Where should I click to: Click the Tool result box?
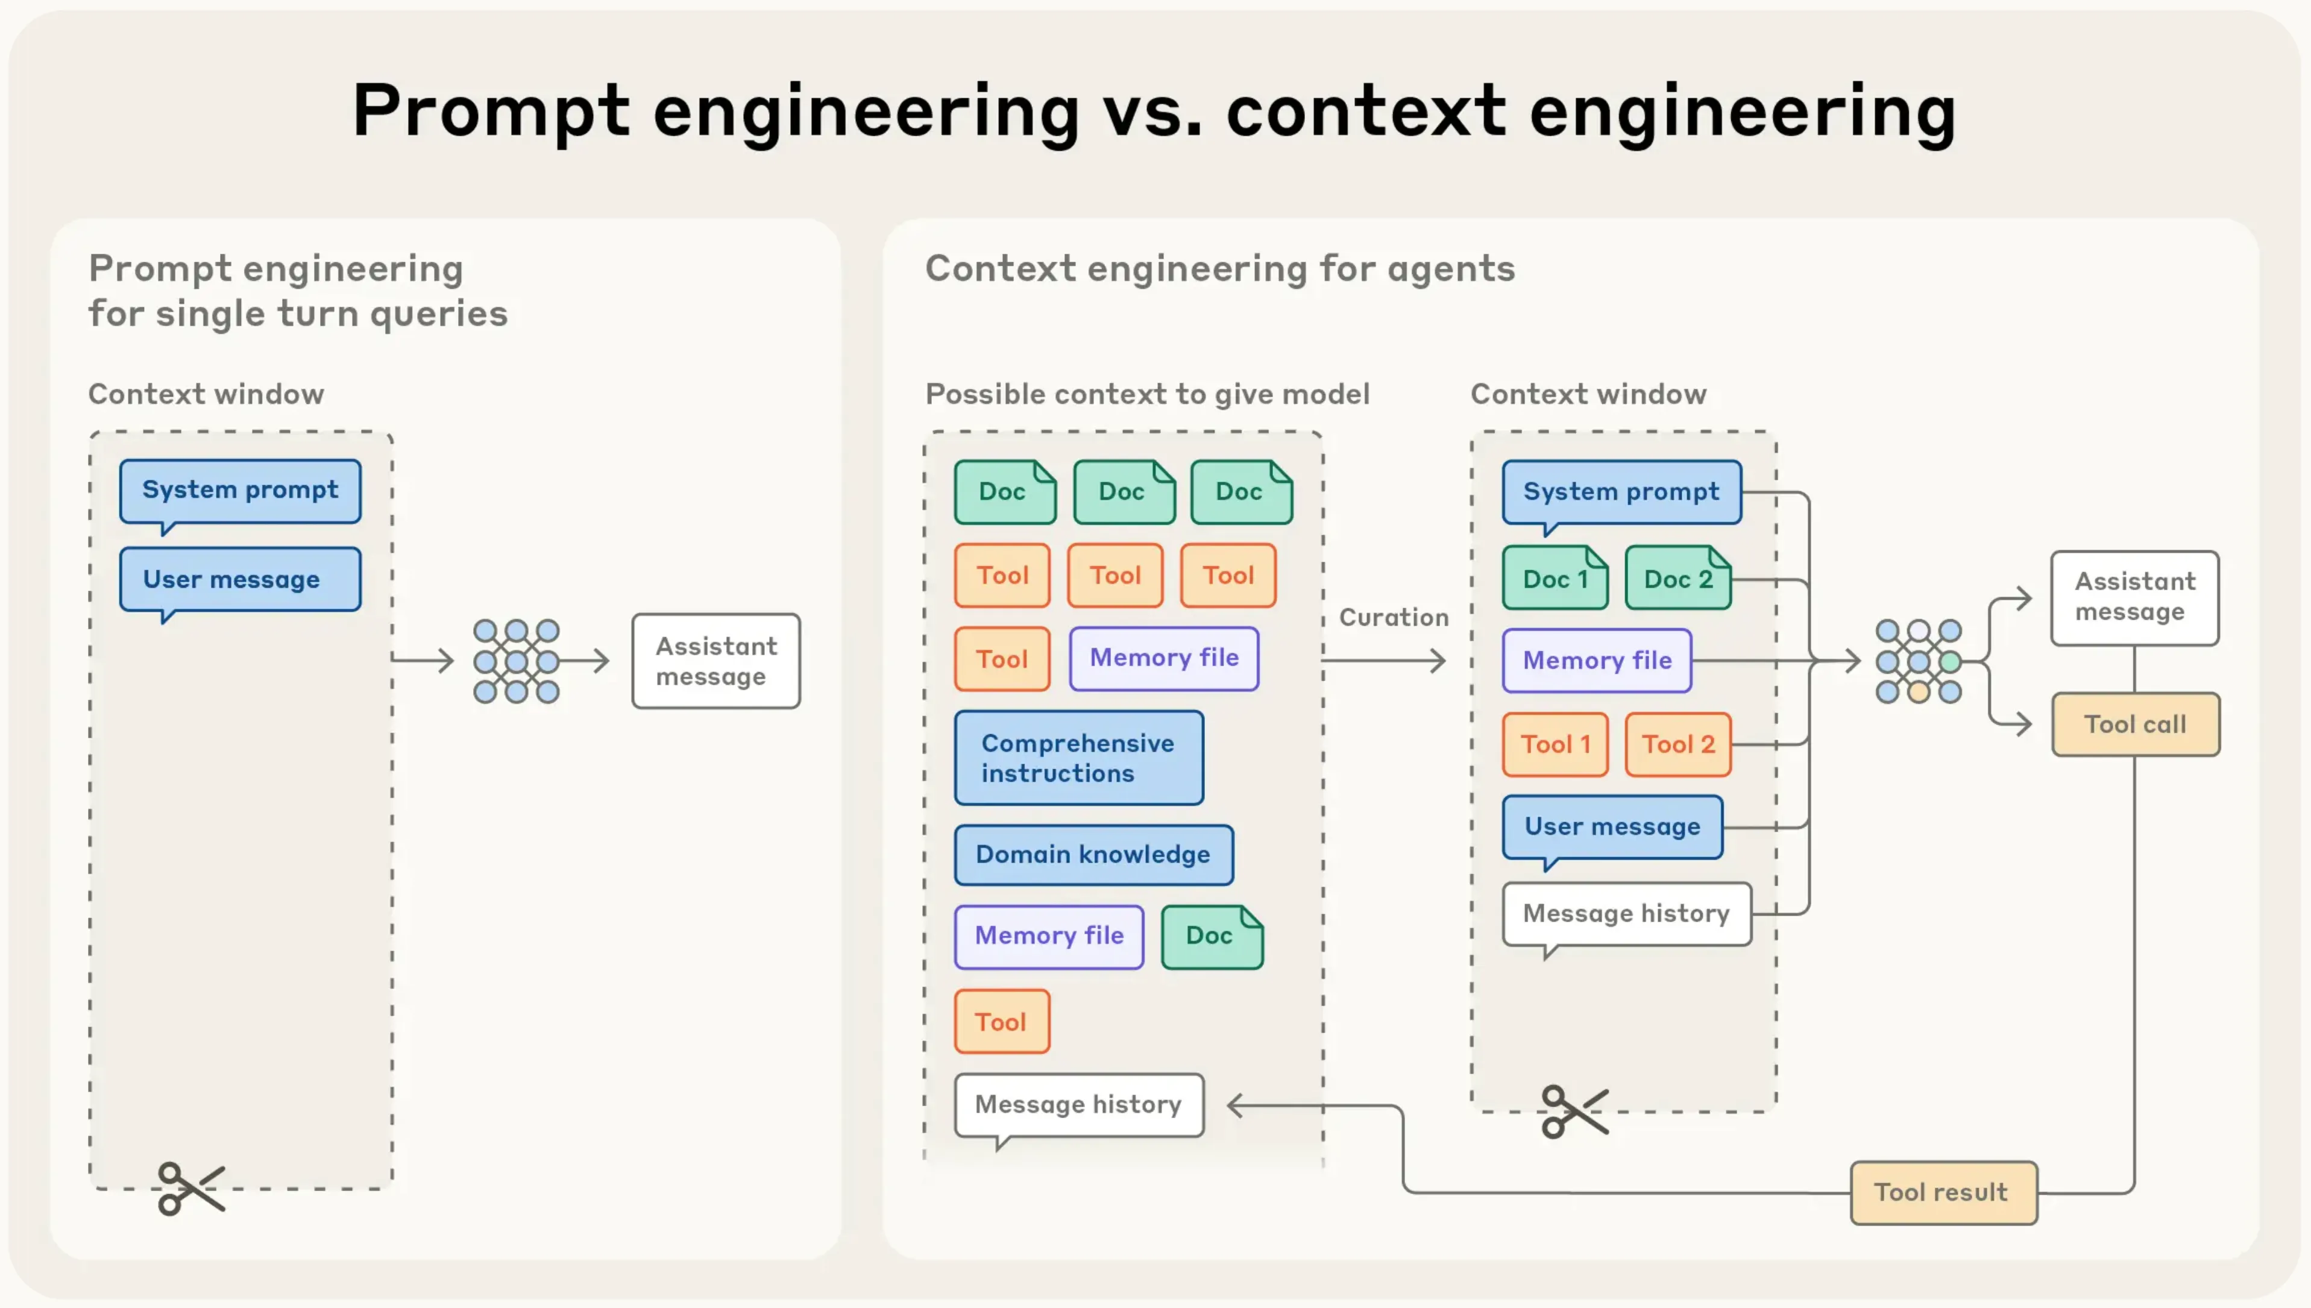(x=1943, y=1192)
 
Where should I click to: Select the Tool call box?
(x=2135, y=724)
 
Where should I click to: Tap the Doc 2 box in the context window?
(x=1677, y=579)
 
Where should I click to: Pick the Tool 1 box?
(x=1555, y=744)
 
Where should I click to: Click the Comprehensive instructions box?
(x=1078, y=757)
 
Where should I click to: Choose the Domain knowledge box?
(x=1092, y=854)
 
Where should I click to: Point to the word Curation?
(x=1393, y=617)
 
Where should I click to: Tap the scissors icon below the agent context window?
(x=1574, y=1111)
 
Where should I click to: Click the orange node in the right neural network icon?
(x=1919, y=692)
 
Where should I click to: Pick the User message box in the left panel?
(x=240, y=579)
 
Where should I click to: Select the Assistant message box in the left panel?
(x=716, y=661)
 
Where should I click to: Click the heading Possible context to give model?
(x=1147, y=394)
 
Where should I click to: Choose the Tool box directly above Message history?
(x=1001, y=1022)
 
